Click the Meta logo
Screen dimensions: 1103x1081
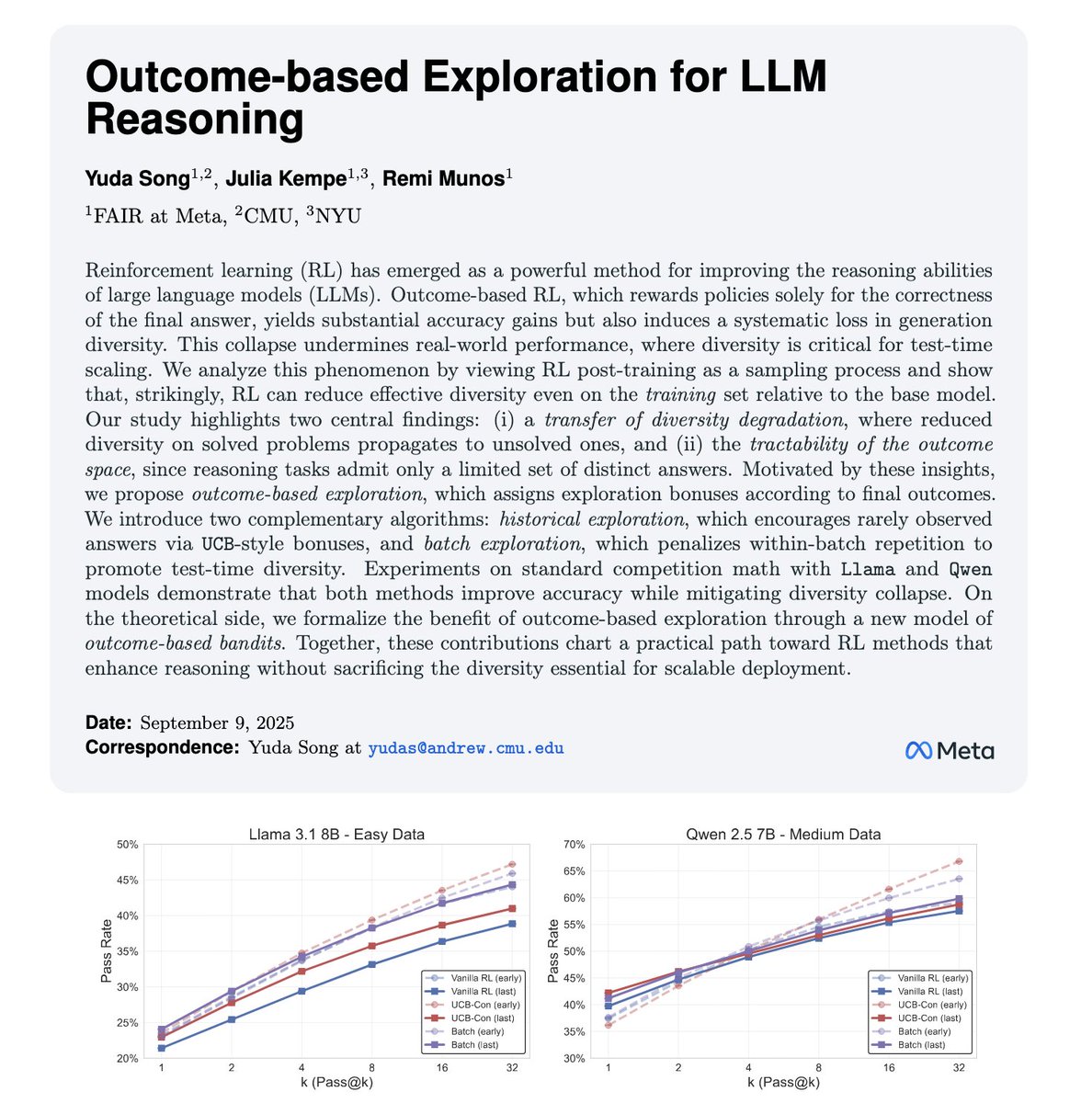(950, 751)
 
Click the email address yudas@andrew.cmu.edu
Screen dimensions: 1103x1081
(466, 748)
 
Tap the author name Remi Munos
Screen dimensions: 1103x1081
(441, 178)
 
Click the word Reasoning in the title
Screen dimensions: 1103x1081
(194, 120)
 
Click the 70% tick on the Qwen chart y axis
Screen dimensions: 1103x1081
(574, 845)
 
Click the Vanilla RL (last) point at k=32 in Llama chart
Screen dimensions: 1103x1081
(513, 924)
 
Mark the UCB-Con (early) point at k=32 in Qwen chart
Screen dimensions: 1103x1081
(959, 861)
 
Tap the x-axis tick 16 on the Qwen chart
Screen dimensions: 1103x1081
(888, 1068)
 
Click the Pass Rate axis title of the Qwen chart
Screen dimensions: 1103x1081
(552, 951)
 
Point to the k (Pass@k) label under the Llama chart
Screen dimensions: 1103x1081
(336, 1083)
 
